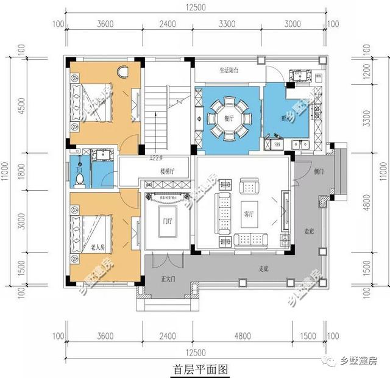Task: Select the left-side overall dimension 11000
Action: click(x=7, y=176)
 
